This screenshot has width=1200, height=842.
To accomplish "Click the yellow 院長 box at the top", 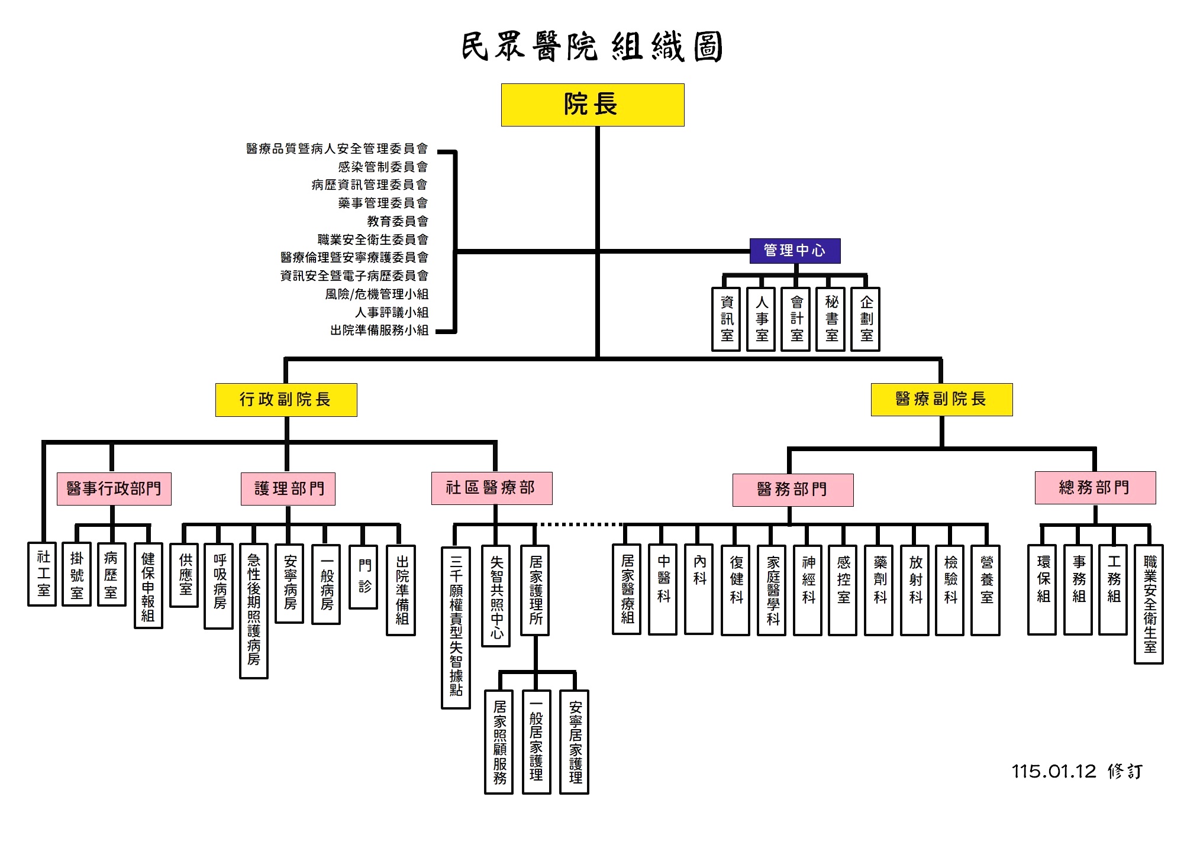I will click(592, 105).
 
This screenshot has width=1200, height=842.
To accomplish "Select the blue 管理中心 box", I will click(794, 251).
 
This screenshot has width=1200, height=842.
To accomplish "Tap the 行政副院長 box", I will click(286, 400).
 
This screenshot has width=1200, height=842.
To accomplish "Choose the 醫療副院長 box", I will click(941, 399).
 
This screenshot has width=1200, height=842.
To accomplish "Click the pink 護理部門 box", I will click(288, 488).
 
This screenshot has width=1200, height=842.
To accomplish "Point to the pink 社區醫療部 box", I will click(491, 488).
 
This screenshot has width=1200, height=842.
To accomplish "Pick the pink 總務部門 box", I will click(1095, 488).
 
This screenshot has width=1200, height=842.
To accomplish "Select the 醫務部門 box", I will click(792, 490).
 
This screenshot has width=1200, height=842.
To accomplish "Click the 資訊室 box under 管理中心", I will click(726, 319).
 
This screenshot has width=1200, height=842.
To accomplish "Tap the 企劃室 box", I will click(866, 319).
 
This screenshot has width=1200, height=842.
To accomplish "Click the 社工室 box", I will click(43, 574).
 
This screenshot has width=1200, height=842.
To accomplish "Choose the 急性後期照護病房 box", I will click(254, 610).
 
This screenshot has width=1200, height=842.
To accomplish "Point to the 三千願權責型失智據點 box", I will click(456, 627).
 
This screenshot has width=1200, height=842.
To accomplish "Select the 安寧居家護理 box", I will click(575, 741).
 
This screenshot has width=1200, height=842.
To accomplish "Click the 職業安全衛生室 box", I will click(1149, 604).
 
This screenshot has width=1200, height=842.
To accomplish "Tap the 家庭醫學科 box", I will click(772, 590).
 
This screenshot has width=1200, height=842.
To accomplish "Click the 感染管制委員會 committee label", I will click(382, 167).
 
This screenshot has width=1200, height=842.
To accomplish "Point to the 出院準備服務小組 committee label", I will click(379, 330).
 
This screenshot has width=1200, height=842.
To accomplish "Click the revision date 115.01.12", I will click(1053, 771).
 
